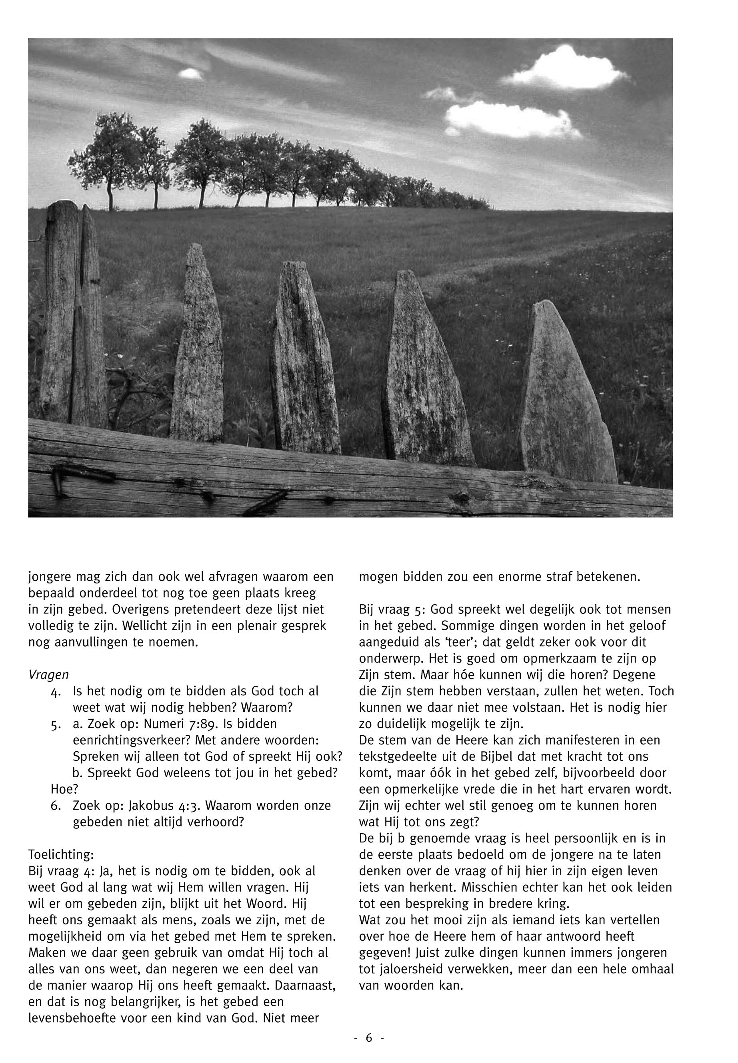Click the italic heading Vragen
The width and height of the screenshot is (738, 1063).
(x=48, y=675)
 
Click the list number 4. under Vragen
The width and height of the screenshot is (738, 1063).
(x=57, y=692)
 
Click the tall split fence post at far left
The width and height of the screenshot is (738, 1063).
(x=72, y=314)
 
